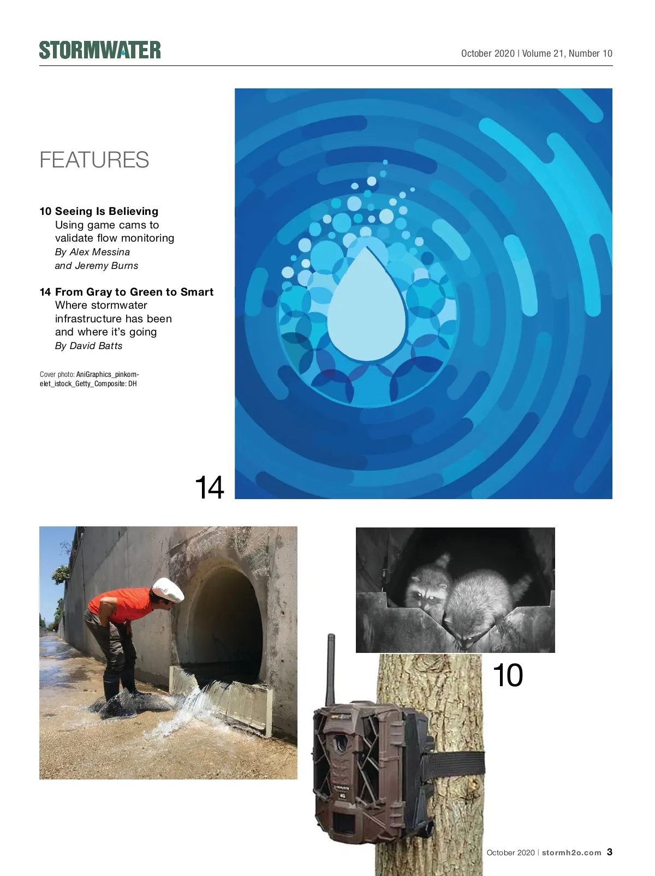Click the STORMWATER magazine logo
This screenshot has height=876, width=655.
[100, 50]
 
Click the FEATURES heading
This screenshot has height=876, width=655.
[94, 160]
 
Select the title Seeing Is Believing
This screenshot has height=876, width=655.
[106, 211]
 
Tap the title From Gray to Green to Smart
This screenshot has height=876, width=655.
[134, 292]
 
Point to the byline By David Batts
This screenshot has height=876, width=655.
[88, 346]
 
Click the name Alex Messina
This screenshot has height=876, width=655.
[100, 252]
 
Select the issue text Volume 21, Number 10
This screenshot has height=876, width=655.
[567, 53]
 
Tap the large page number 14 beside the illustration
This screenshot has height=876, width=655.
[209, 487]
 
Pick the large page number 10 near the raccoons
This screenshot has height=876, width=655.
[508, 675]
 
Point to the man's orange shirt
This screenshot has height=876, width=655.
[120, 605]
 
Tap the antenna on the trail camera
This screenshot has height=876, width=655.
[331, 670]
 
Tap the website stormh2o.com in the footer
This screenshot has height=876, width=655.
[571, 853]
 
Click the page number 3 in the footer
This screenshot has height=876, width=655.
[610, 851]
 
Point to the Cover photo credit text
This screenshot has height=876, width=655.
[89, 379]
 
